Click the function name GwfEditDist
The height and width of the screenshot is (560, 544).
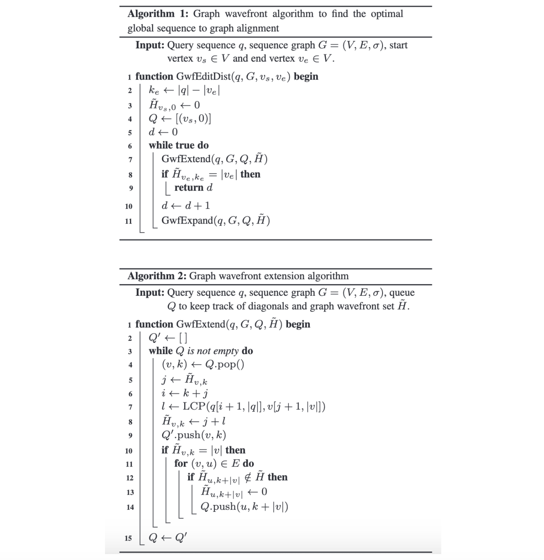[204, 76]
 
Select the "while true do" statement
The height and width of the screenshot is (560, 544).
[179, 145]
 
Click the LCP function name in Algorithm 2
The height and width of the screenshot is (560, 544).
[194, 406]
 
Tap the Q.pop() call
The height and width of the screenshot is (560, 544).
[225, 364]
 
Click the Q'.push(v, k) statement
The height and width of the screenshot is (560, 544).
[194, 435]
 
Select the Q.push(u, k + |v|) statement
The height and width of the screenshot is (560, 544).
[244, 507]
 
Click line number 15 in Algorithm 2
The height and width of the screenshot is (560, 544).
[128, 538]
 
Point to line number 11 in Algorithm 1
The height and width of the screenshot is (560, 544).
[129, 221]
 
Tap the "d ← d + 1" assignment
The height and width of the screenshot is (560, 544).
[186, 206]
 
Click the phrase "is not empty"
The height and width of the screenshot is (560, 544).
[213, 351]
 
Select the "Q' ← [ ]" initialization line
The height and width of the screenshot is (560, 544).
[168, 338]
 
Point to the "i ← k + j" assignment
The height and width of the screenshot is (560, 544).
[185, 393]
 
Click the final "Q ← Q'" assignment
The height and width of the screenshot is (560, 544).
[168, 538]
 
